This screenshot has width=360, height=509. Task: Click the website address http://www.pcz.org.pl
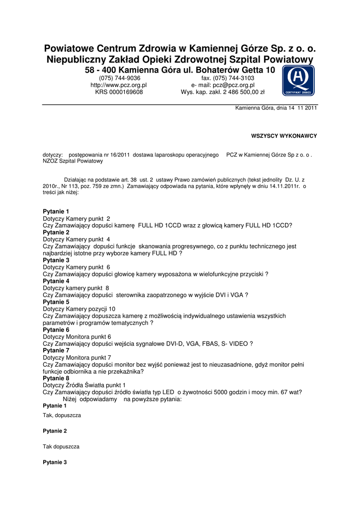pyautogui.click(x=118, y=85)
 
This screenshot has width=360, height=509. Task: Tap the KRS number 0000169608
pyautogui.click(x=119, y=92)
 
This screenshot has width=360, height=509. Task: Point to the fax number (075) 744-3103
pyautogui.click(x=227, y=78)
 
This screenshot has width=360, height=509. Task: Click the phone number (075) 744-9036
pyautogui.click(x=119, y=78)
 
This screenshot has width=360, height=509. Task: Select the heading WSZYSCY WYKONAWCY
pyautogui.click(x=284, y=136)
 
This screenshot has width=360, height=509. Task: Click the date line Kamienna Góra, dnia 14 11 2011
pyautogui.click(x=276, y=108)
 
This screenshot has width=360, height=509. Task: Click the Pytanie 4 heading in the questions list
pyautogui.click(x=56, y=281)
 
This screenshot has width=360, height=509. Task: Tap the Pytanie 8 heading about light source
pyautogui.click(x=56, y=378)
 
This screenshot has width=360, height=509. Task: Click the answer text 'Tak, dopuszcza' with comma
pyautogui.click(x=62, y=415)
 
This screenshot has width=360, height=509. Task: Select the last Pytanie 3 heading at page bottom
pyautogui.click(x=55, y=462)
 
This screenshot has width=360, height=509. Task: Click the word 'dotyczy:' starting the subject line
pyautogui.click(x=53, y=156)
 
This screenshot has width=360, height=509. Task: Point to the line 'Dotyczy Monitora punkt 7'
pyautogui.click(x=77, y=357)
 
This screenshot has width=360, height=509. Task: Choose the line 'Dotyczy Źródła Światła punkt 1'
pyautogui.click(x=85, y=385)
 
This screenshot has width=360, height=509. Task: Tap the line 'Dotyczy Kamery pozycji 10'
pyautogui.click(x=79, y=309)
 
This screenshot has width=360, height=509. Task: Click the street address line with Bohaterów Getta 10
pyautogui.click(x=180, y=71)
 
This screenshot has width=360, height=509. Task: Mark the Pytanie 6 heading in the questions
pyautogui.click(x=56, y=330)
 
